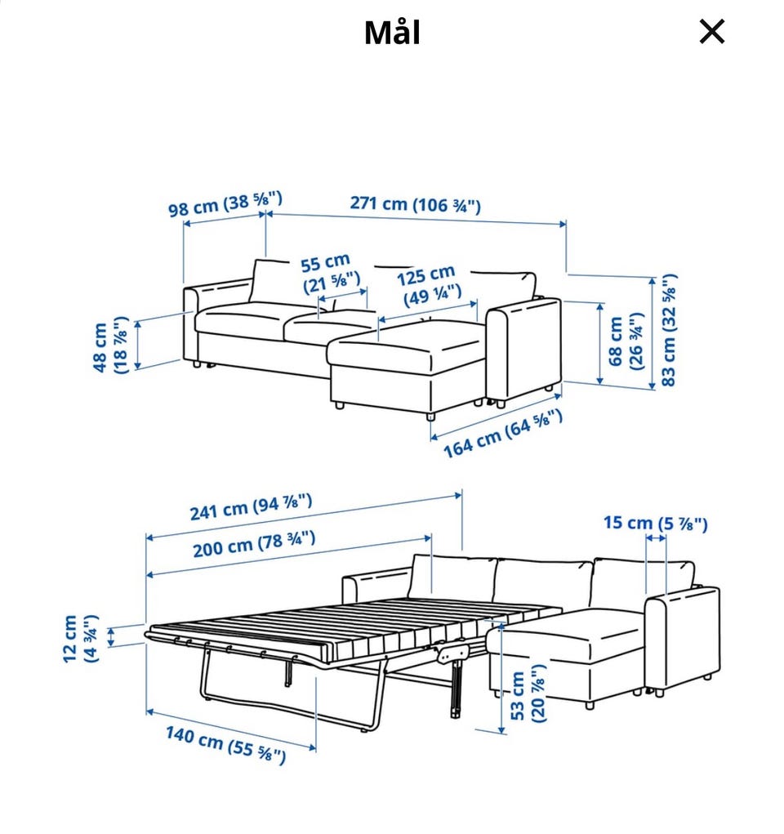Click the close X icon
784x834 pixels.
click(x=711, y=32)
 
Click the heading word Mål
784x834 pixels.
click(x=393, y=33)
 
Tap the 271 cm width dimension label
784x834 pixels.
click(x=415, y=204)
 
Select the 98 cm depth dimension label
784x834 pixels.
click(x=225, y=203)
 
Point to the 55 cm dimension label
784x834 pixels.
click(x=330, y=273)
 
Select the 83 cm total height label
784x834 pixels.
click(x=669, y=330)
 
